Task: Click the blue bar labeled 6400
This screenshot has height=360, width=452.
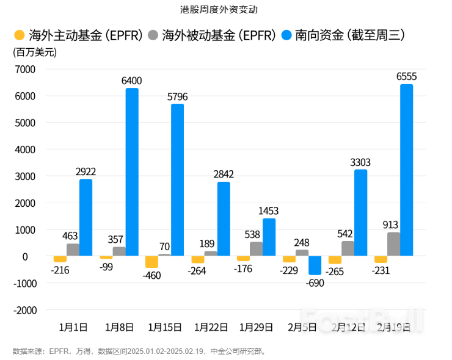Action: [132, 172]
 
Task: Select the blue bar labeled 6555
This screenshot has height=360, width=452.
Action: [406, 170]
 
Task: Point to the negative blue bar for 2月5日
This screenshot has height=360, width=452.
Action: [315, 265]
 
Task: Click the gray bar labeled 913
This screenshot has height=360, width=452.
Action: [393, 244]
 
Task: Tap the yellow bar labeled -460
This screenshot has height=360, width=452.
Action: [151, 262]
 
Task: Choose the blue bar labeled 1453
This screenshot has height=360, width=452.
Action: [269, 237]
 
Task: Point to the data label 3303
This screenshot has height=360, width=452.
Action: [360, 162]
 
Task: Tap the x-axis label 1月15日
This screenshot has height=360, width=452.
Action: [165, 328]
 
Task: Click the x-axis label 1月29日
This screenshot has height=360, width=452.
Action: [257, 328]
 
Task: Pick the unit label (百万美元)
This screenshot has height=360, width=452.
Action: [35, 52]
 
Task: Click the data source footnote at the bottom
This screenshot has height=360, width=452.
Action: [139, 351]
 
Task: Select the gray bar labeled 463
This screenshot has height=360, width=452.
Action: [73, 250]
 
